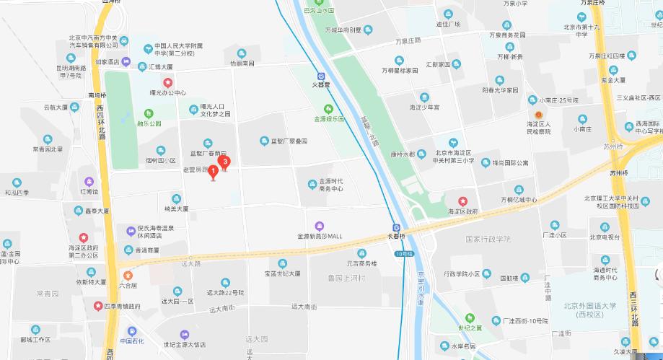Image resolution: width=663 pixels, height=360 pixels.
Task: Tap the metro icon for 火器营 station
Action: [x=320, y=75]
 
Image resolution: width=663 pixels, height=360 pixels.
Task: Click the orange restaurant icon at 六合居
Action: [x=128, y=274]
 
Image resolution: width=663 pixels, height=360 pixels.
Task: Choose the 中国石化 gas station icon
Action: [x=128, y=331]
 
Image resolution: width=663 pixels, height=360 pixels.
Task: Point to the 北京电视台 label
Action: [x=605, y=236]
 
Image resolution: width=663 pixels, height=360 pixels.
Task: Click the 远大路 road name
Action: [x=191, y=263]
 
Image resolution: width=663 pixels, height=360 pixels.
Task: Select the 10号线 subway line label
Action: [x=403, y=254]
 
